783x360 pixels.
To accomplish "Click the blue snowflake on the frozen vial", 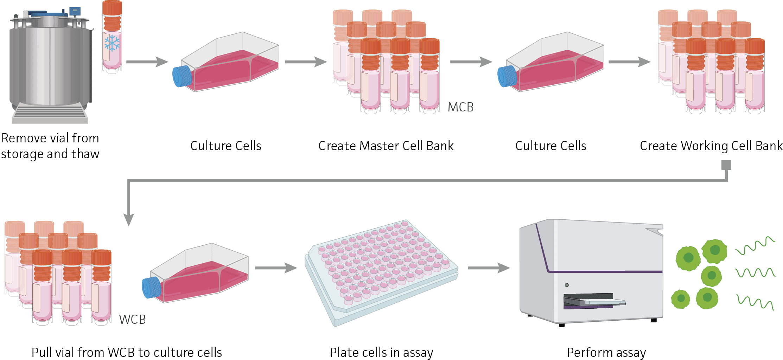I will (112, 44).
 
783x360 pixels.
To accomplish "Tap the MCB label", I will (460, 107).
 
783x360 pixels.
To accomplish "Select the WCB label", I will (132, 319).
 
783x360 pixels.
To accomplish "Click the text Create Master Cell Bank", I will (386, 146).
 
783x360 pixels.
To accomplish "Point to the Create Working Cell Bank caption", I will (711, 146).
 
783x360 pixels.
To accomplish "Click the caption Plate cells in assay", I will (381, 352).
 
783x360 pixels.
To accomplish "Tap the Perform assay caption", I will (606, 352).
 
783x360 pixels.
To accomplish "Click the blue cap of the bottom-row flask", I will (151, 288).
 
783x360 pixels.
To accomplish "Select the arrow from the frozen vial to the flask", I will (147, 62).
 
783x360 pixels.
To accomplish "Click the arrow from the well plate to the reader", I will (489, 268).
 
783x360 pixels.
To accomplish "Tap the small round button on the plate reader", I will (566, 285).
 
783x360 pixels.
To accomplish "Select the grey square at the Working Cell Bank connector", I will (726, 165).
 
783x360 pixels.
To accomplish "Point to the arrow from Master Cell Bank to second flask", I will (471, 62).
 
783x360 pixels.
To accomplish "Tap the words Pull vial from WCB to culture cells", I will (127, 352).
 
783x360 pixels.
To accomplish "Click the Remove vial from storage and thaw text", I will (50, 146).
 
